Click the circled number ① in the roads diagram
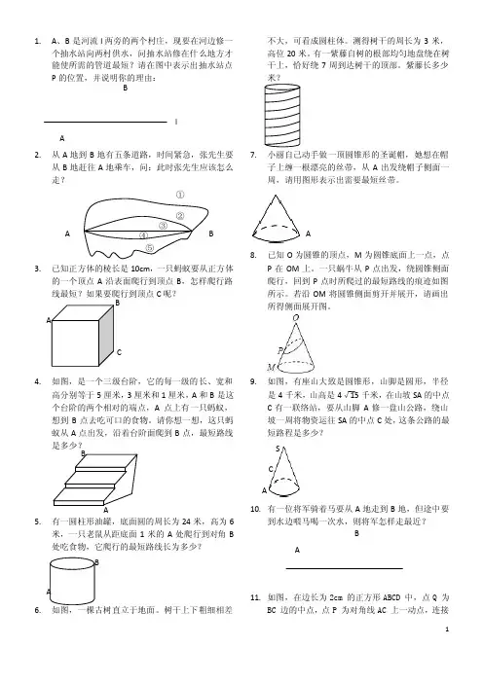(x=180, y=195)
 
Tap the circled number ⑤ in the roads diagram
(x=150, y=247)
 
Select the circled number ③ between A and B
(x=163, y=226)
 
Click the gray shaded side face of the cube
(x=106, y=335)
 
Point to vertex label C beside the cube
(x=119, y=352)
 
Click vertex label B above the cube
(x=117, y=303)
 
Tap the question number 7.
(x=253, y=155)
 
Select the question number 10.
(x=255, y=509)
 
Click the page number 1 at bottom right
(x=447, y=629)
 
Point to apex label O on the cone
(x=296, y=318)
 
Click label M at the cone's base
(x=271, y=368)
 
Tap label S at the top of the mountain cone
(x=278, y=449)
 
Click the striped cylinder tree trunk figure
(x=282, y=115)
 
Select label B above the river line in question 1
(x=126, y=88)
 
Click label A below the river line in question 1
(x=62, y=138)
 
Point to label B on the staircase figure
(x=83, y=453)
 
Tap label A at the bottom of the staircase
(x=105, y=510)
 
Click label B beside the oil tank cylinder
(x=96, y=562)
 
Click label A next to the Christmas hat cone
(x=308, y=234)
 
